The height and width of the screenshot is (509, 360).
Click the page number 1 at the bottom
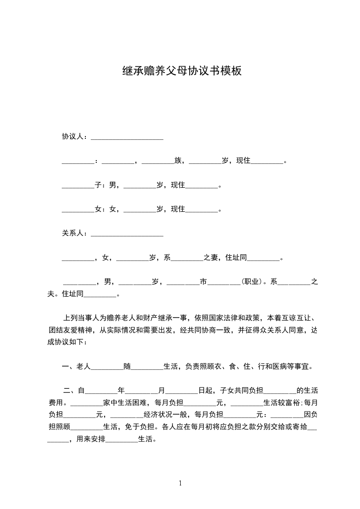pyautogui.click(x=180, y=483)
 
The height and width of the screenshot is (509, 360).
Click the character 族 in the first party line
pyautogui.click(x=178, y=161)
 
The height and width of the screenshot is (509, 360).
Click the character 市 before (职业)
pyautogui.click(x=203, y=282)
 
